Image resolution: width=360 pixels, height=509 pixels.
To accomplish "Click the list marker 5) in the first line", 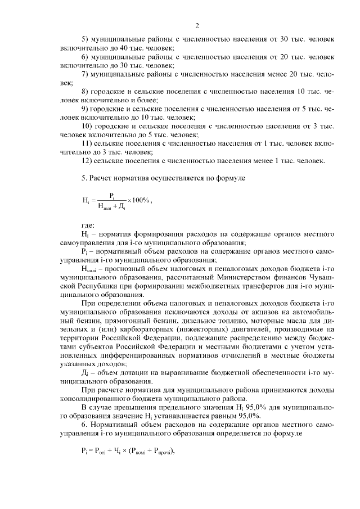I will coord(86,40).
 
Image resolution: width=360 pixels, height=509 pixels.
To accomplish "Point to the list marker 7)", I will coord(86,74).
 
